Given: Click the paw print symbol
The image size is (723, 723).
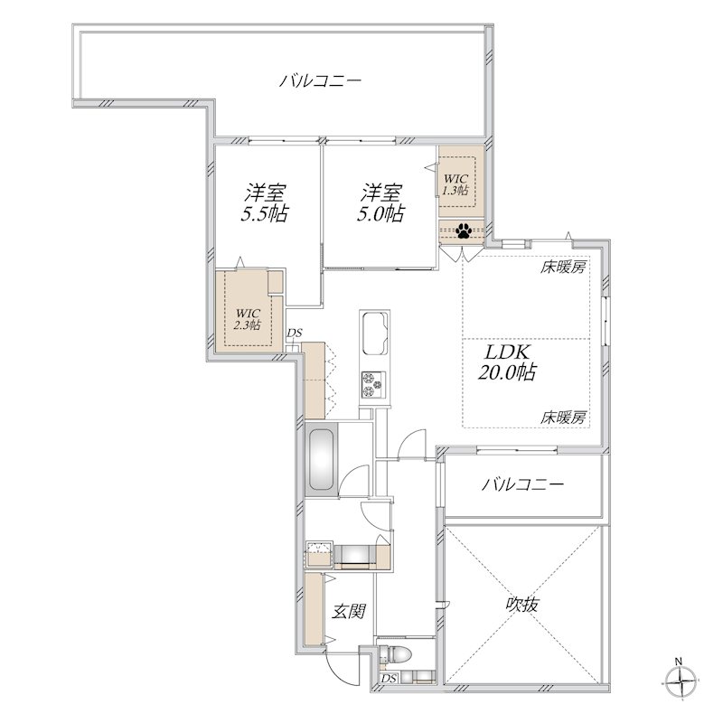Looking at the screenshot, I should tap(464, 231).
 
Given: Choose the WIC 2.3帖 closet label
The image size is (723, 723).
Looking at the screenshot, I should tap(241, 318).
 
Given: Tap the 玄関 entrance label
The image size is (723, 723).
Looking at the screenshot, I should tap(347, 612).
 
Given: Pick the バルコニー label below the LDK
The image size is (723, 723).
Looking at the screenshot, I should tap(521, 485).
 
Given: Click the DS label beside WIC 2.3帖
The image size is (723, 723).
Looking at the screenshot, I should tap(294, 333).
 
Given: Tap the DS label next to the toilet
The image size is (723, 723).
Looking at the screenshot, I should tap(389, 679).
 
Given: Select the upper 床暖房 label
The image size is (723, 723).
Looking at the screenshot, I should tap(565, 268).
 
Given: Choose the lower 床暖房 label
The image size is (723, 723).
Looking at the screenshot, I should tap(565, 418).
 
